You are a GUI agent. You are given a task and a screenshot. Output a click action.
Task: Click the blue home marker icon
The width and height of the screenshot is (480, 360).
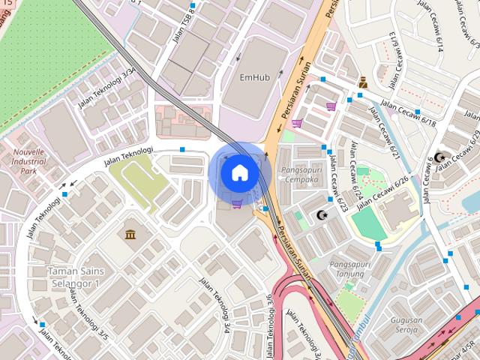239,172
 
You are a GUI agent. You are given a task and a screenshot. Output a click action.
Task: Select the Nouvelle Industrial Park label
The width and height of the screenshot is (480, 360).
29,160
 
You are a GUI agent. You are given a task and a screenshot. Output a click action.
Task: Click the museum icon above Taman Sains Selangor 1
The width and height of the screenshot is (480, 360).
131,234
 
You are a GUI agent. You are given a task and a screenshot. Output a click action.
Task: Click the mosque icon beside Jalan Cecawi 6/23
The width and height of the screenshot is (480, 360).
322,216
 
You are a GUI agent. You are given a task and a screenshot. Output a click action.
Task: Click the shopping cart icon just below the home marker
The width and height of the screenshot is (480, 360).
236,203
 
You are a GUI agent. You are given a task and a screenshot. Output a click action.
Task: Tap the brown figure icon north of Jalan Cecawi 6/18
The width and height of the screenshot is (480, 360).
363,82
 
